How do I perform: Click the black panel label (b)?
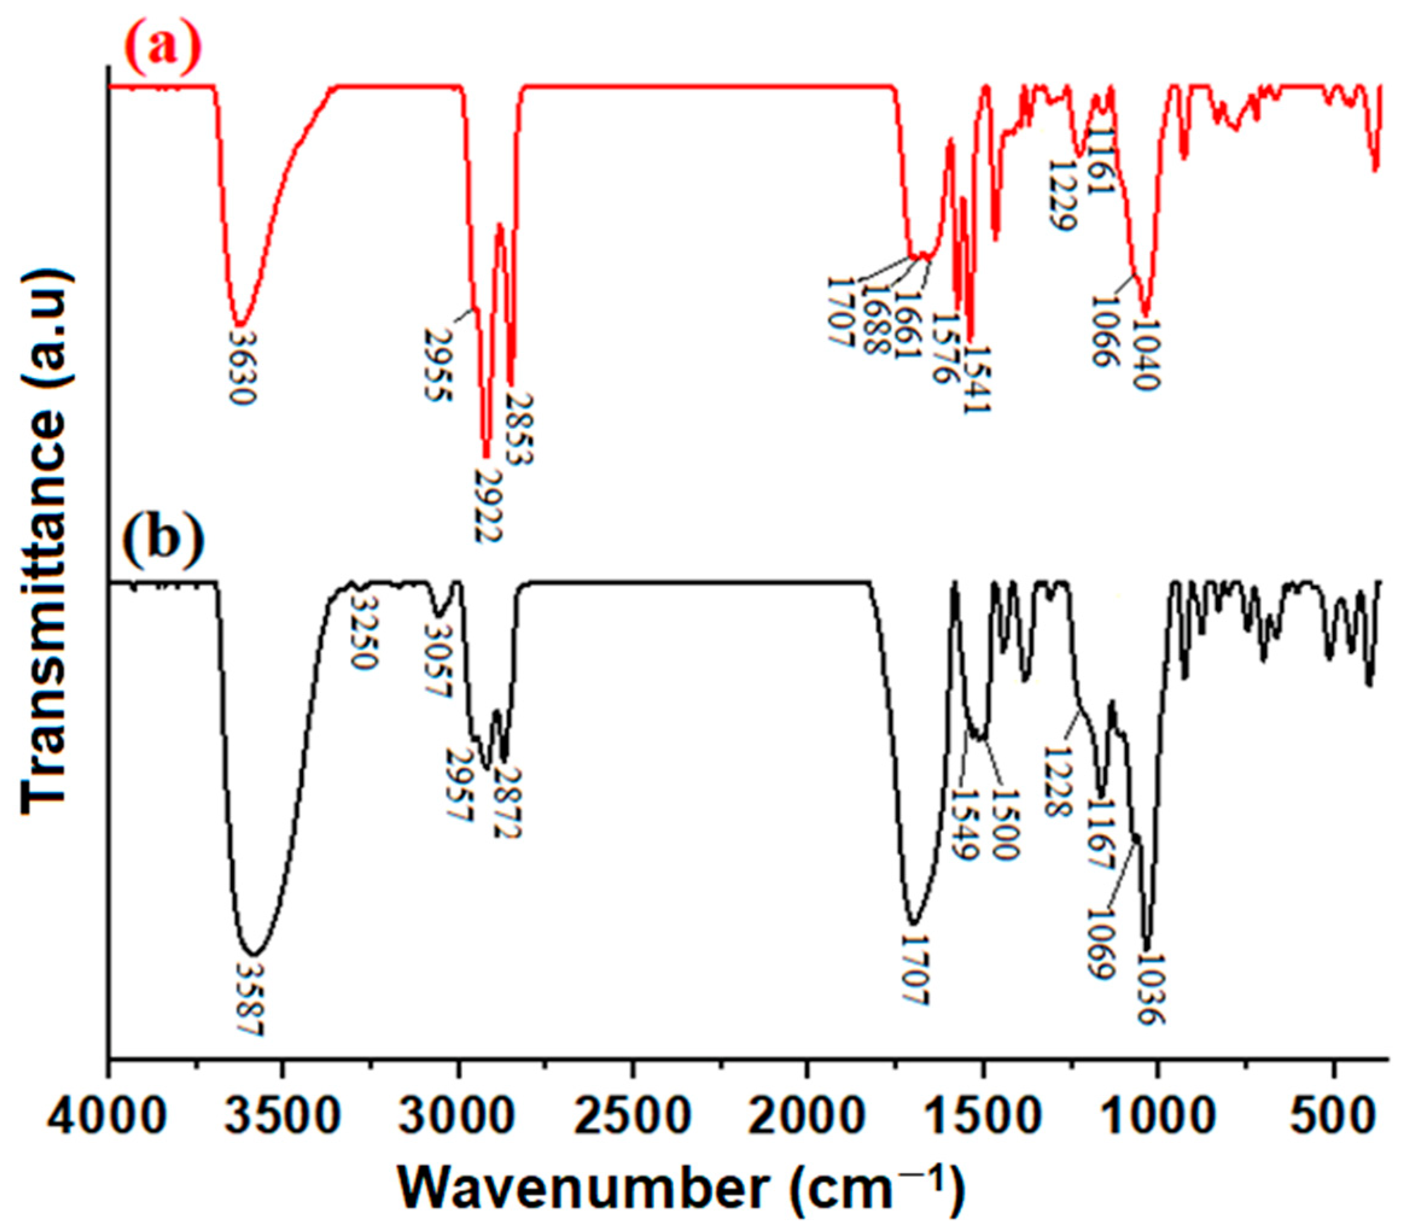[x=164, y=543]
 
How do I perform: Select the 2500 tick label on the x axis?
[x=632, y=1121]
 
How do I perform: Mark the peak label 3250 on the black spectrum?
[x=362, y=633]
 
